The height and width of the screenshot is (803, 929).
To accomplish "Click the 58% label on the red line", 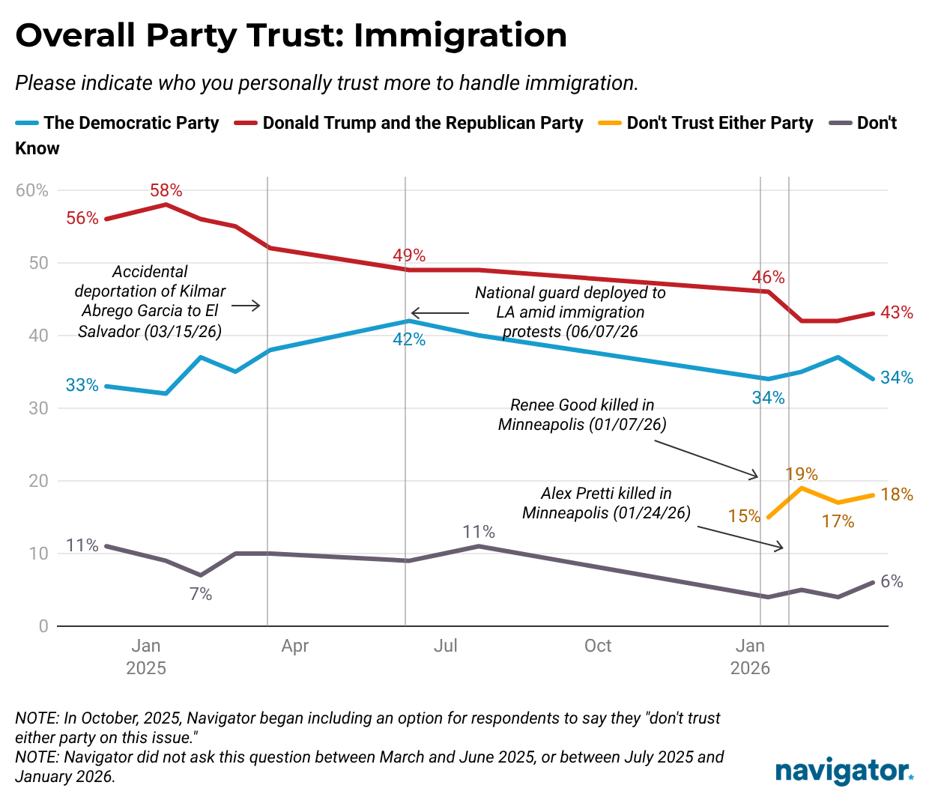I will pyautogui.click(x=166, y=190).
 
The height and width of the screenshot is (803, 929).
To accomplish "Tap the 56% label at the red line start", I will pyautogui.click(x=82, y=218).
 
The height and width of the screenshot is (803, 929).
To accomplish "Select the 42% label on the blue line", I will pyautogui.click(x=409, y=339).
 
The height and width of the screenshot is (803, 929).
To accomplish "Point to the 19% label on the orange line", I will pyautogui.click(x=801, y=474).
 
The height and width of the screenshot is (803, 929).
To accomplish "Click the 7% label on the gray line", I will pyautogui.click(x=201, y=594).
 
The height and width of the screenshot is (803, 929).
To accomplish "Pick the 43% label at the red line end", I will pyautogui.click(x=896, y=312).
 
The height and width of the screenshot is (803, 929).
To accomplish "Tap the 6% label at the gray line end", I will pyautogui.click(x=892, y=581).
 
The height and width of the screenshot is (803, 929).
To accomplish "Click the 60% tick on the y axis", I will pyautogui.click(x=32, y=190).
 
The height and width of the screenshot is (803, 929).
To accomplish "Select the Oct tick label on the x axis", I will pyautogui.click(x=598, y=646).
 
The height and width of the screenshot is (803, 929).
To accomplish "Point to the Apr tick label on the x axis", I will pyautogui.click(x=295, y=646).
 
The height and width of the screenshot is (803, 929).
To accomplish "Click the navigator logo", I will pyautogui.click(x=844, y=771).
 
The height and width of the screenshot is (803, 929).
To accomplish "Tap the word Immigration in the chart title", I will pyautogui.click(x=460, y=35).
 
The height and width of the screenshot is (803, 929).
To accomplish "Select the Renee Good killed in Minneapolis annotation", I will pyautogui.click(x=582, y=414).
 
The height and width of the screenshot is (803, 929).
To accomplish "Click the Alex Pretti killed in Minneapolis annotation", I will pyautogui.click(x=606, y=503).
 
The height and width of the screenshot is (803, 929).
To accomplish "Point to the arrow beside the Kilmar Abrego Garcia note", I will pyautogui.click(x=246, y=306).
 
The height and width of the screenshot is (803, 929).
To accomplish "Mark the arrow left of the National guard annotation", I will pyautogui.click(x=440, y=313).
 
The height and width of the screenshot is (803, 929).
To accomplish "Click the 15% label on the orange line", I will pyautogui.click(x=744, y=516).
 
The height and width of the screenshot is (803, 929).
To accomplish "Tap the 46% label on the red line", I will pyautogui.click(x=768, y=277).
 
